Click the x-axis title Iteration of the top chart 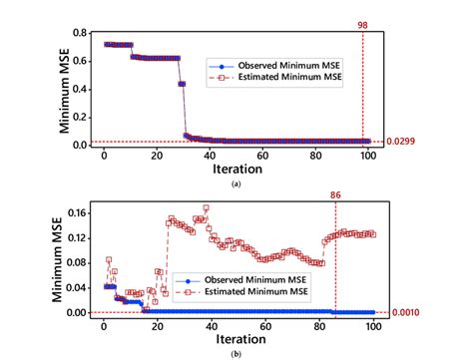click(x=236, y=170)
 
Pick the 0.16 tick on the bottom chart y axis click(x=83, y=210)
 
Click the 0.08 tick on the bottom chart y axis click(x=83, y=261)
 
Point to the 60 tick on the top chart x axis click(x=261, y=156)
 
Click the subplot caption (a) click(x=236, y=184)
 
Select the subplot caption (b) click(x=236, y=354)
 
